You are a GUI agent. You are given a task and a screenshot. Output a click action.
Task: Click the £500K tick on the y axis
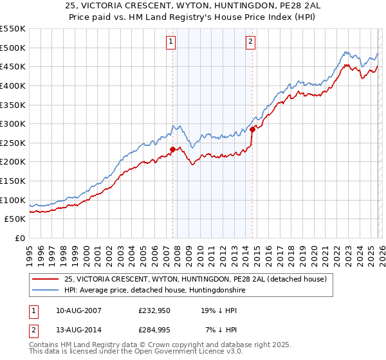click(12, 48)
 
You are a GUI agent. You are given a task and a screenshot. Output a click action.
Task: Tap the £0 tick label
click(19, 238)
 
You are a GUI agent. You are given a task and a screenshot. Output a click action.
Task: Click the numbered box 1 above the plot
click(172, 42)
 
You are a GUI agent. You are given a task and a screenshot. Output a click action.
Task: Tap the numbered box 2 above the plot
click(250, 42)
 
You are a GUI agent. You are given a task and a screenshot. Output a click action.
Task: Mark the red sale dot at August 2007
click(172, 149)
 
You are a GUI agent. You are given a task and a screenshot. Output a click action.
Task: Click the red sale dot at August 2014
click(252, 129)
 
